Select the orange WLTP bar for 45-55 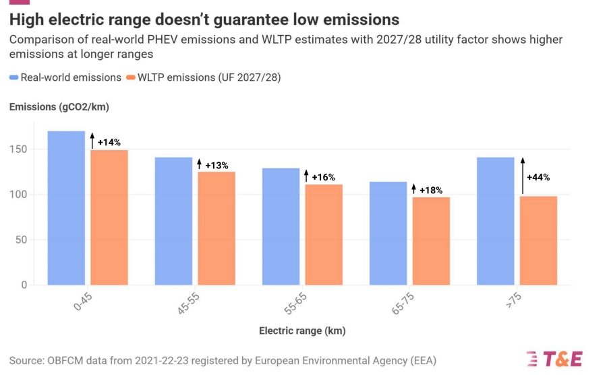pos(216,228)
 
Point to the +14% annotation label pos(109,143)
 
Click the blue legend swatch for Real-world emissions pos(14,77)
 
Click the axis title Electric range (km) pos(302,331)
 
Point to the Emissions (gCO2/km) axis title pos(59,106)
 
